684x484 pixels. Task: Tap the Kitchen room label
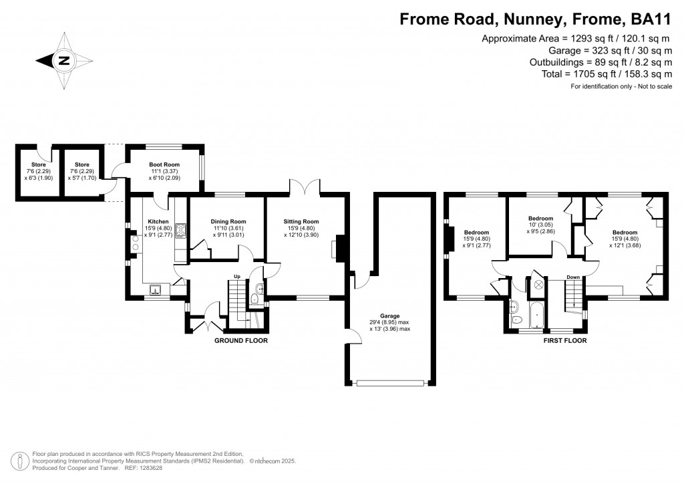click(x=158, y=221)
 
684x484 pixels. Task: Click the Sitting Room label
click(x=301, y=221)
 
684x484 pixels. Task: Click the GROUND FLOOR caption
click(x=240, y=340)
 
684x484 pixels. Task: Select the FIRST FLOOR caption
click(x=564, y=340)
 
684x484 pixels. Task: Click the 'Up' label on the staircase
click(x=236, y=276)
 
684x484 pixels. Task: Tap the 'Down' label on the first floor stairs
click(x=573, y=276)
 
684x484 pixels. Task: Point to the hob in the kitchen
click(x=180, y=231)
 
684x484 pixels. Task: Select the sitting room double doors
click(x=305, y=187)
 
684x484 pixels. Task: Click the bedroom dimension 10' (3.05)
click(x=540, y=225)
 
